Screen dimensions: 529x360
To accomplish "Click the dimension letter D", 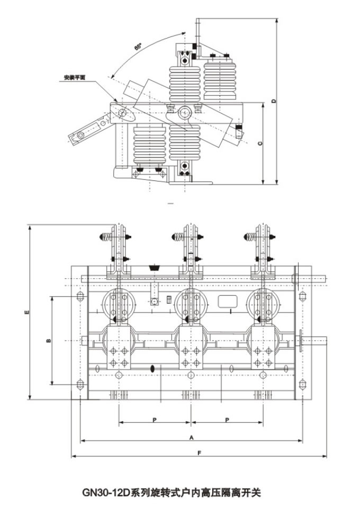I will [x=273, y=101].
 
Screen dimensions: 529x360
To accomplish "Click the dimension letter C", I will [x=259, y=143].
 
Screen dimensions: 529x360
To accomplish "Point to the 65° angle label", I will [x=138, y=48].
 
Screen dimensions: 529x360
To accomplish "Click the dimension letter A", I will [x=191, y=437].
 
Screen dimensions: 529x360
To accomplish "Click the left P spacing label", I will [x=154, y=419].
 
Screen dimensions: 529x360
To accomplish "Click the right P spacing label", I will [x=227, y=419].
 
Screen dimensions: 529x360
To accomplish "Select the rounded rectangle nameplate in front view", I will [x=228, y=301].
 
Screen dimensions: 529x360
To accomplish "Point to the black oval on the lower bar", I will [x=153, y=368].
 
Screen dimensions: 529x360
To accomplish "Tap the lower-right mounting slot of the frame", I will [x=302, y=384].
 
